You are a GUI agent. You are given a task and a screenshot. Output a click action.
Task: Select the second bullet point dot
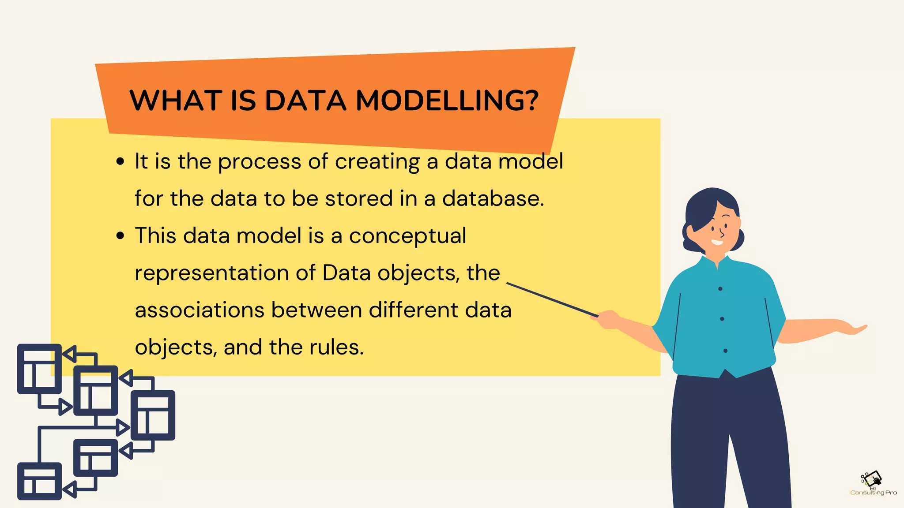[120, 235]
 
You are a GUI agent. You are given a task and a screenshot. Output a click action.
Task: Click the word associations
[199, 310]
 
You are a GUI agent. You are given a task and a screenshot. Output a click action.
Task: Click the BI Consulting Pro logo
[873, 484]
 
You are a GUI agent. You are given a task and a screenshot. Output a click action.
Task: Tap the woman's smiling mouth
[717, 242]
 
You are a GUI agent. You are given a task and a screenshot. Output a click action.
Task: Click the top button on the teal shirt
[720, 289]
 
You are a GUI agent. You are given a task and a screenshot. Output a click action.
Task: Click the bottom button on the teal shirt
[725, 351]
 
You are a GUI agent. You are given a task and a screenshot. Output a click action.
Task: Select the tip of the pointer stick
[508, 284]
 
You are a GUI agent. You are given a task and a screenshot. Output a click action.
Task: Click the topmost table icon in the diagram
[39, 369]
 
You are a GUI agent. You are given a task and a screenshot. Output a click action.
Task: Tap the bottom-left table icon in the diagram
[39, 481]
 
